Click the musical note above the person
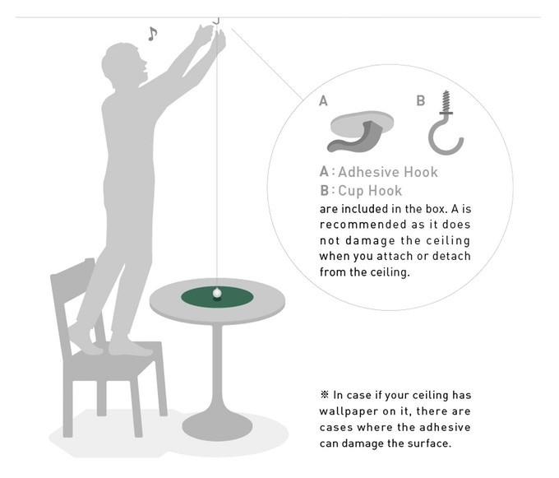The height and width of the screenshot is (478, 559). point(153,34)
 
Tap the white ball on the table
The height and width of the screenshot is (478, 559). point(217,293)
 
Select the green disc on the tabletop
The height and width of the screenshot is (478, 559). point(217,297)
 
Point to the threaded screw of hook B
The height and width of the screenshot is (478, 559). point(446,101)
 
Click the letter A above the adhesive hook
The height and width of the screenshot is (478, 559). point(323,101)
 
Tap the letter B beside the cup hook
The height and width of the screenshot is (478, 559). point(421,100)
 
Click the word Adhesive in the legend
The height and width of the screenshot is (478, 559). point(369,172)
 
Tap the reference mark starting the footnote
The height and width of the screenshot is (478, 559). point(325,395)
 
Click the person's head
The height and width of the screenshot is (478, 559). point(124,65)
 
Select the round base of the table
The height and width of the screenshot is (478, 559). point(217,425)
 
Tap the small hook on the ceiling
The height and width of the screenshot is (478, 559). point(216,21)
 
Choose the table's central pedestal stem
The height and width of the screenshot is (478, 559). point(217,368)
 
